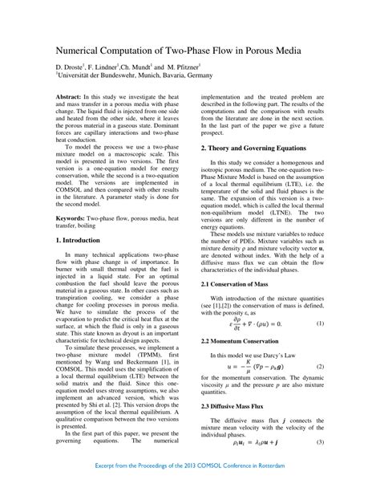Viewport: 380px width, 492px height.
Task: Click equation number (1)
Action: tap(319, 301)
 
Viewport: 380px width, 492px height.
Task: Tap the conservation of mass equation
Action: tap(257, 301)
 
